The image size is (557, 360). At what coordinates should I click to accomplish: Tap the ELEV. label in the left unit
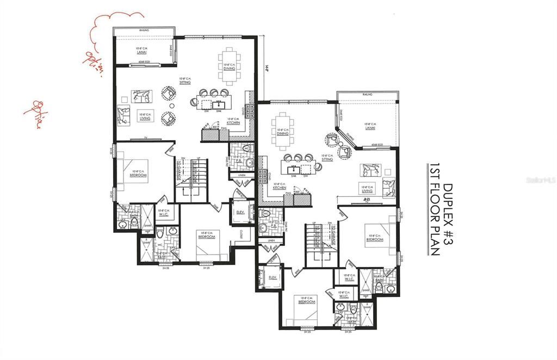[x=238, y=212]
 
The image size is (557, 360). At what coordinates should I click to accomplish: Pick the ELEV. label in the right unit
[x=274, y=278]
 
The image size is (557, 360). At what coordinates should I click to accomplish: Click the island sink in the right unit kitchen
[x=293, y=166]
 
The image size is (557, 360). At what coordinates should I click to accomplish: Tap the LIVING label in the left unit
[x=145, y=116]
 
